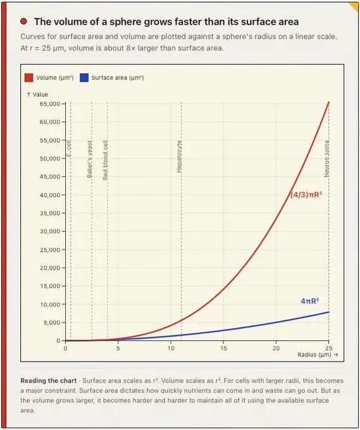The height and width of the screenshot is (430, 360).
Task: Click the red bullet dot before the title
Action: point(23,21)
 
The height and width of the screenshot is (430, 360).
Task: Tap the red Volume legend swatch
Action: point(29,78)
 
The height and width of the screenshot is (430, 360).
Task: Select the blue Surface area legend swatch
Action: point(84,78)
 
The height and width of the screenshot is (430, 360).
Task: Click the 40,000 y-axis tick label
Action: point(50,195)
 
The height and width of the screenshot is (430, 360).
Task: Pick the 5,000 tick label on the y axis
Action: point(52,322)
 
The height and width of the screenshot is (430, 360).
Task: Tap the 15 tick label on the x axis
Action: point(223,348)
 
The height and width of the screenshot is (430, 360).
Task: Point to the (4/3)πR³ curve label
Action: point(306,195)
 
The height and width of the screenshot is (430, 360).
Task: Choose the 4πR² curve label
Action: point(310,301)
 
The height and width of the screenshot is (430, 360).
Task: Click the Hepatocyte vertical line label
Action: point(180,157)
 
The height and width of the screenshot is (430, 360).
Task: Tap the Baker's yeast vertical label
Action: point(89,159)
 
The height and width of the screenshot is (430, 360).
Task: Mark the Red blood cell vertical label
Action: point(106,160)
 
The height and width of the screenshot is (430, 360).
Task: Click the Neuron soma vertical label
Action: point(326,159)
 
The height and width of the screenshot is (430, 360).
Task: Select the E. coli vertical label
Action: point(69,149)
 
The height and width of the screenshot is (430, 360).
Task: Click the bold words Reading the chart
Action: point(48,381)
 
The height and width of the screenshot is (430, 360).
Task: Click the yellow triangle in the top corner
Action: point(354,6)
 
